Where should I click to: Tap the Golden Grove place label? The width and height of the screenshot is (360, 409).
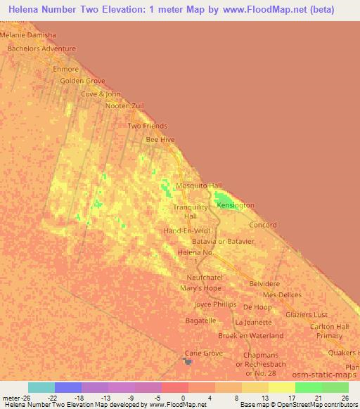pos(82,81)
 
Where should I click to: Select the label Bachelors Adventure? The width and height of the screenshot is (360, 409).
pos(41,48)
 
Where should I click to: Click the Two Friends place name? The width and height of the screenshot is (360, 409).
pos(147,126)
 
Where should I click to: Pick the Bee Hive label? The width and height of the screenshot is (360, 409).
pos(160,140)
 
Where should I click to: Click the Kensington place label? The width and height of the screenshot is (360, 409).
pos(236,205)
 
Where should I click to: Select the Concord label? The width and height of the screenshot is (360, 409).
pos(263,226)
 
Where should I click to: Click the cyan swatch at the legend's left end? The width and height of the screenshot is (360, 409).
pos(41,387)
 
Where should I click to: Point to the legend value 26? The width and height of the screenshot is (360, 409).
pos(343,397)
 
